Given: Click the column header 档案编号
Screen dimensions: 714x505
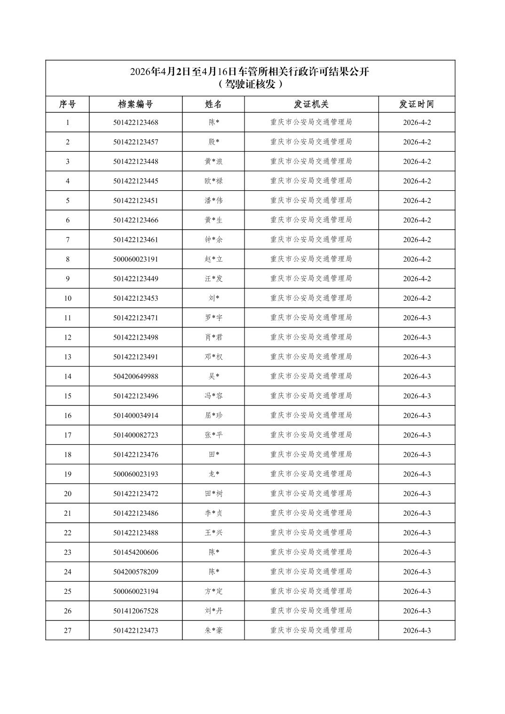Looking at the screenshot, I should [135, 104].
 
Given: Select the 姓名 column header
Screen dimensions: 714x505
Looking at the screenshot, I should [213, 104].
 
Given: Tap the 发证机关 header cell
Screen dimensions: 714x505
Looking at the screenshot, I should [311, 104].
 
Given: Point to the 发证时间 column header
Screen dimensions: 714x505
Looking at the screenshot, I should [417, 104].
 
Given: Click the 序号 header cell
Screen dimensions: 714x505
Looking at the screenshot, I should [67, 104].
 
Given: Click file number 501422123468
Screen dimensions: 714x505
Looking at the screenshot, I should [135, 123].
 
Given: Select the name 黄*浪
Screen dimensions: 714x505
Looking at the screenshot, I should [213, 162].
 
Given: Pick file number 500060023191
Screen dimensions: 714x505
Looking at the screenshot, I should [135, 259].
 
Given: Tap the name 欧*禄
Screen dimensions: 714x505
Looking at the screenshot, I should [213, 181].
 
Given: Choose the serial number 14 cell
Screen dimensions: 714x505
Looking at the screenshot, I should [68, 376].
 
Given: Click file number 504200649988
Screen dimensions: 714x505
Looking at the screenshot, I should [135, 376].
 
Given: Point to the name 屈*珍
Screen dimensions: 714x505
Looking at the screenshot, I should [213, 415].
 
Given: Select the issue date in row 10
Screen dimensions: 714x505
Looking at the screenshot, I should [417, 298].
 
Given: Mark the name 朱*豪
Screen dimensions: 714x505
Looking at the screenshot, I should [213, 630].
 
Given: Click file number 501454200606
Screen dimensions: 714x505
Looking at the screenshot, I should [135, 552].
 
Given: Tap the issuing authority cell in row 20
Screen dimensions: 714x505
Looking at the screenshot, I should [311, 494].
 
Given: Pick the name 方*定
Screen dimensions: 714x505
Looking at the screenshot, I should [213, 591].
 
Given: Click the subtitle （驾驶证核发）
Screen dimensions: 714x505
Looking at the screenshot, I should [250, 85].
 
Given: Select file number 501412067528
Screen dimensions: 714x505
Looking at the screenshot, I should [135, 611].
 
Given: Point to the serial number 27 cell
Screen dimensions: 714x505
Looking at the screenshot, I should [68, 630].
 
